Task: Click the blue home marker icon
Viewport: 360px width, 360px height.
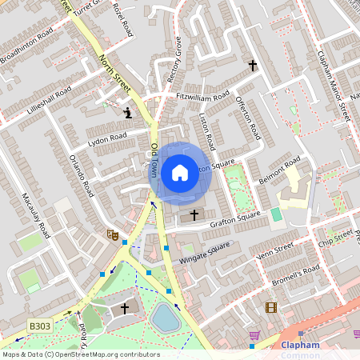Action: point(180,172)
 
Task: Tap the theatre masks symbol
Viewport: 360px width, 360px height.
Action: point(113,235)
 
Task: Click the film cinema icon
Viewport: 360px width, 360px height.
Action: point(271,307)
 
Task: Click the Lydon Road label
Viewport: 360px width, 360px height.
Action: point(107,138)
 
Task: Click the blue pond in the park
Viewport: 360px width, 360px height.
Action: point(166,318)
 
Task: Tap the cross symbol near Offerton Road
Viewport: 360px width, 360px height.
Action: point(253,65)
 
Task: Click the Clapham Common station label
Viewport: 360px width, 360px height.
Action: point(300,350)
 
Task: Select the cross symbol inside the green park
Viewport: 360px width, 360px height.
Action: point(124,308)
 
